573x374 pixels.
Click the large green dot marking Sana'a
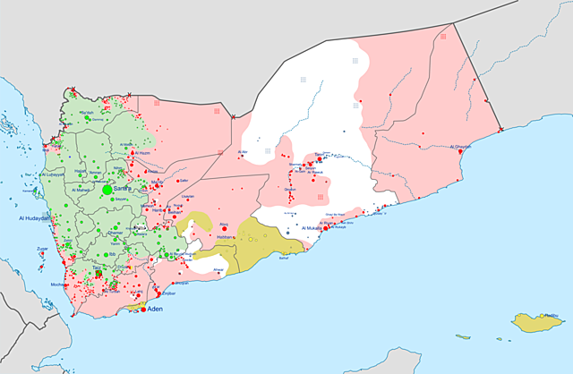coord(107,190)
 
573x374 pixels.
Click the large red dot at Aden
coord(143,310)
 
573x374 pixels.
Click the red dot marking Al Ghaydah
coord(460,153)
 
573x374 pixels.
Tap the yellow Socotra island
coord(536,321)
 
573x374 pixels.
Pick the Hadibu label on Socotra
coord(552,315)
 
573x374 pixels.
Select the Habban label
coord(224,236)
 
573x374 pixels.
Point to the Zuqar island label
coord(42,248)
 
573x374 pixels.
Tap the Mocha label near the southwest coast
coord(59,284)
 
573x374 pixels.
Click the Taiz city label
coord(96,268)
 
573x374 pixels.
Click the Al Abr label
coord(243,152)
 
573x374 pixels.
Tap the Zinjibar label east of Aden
coord(167,293)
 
